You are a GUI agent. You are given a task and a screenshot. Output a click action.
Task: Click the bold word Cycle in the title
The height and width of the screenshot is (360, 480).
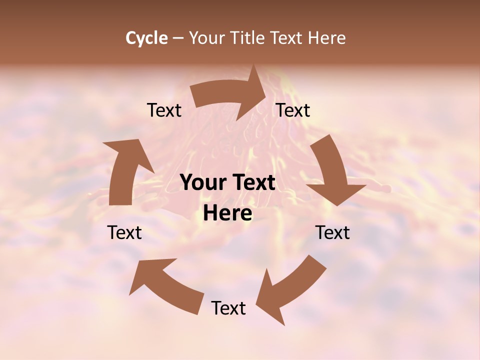pos(146,38)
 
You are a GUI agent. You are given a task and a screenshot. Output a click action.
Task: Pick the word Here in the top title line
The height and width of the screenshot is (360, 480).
pos(326,38)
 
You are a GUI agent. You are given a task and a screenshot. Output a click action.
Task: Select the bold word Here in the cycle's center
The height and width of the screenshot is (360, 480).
pos(227,213)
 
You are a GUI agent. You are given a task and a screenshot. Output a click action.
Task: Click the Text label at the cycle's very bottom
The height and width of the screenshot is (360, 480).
pos(228,308)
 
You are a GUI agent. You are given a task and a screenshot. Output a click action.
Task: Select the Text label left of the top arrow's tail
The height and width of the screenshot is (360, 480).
pos(164,110)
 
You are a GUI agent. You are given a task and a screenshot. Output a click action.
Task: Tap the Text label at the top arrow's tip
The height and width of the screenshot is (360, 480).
pos(293,110)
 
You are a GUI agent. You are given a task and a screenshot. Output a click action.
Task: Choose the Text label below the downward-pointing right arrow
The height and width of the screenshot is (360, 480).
pos(332,232)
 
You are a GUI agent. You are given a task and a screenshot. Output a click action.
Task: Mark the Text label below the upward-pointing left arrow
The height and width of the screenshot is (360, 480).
pos(125,232)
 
